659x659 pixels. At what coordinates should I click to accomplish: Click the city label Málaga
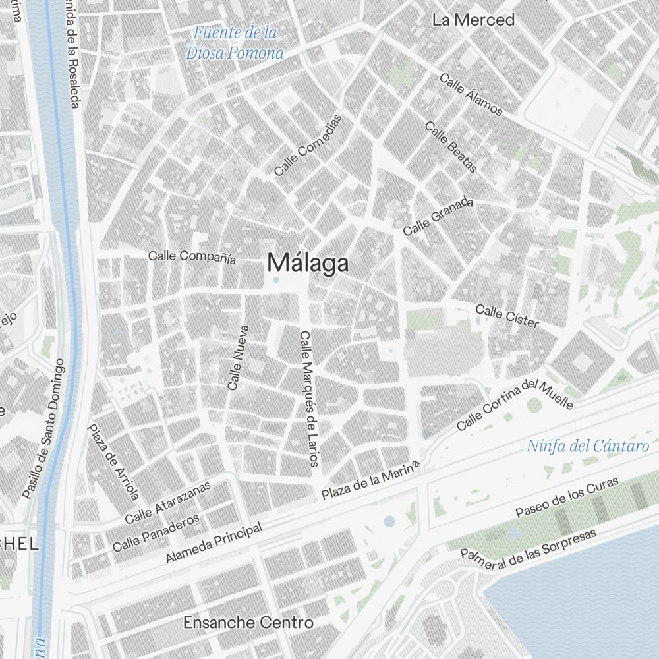308,264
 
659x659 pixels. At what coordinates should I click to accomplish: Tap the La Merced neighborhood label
473,20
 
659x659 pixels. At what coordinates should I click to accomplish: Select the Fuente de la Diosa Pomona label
235,43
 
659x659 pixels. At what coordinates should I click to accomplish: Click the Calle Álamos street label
471,95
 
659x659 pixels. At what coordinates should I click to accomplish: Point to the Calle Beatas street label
451,147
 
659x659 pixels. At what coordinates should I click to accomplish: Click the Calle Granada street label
438,216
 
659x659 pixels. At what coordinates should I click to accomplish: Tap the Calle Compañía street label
192,256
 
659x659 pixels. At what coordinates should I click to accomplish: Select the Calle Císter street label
507,316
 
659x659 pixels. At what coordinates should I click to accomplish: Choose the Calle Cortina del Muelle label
515,405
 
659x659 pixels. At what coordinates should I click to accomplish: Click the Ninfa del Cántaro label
588,447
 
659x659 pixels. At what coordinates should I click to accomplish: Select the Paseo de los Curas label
567,498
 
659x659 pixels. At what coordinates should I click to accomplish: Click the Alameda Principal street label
214,542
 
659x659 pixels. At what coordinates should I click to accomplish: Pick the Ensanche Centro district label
248,622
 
